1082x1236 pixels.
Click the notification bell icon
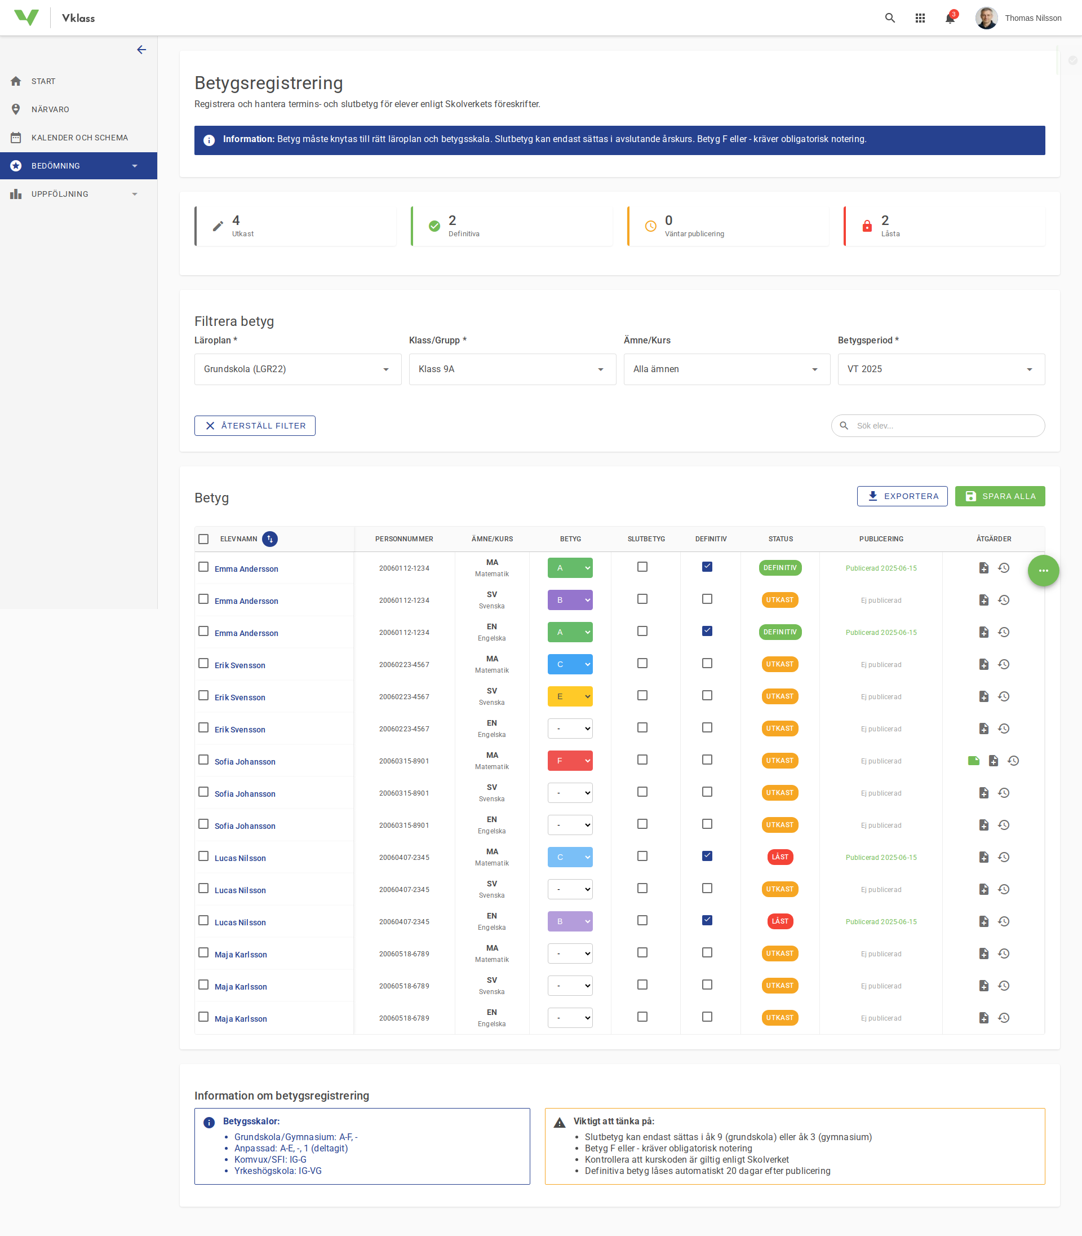(949, 18)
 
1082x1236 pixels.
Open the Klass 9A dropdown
(512, 369)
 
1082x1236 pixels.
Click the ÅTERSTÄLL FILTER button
(255, 426)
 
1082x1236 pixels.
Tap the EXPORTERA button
(902, 496)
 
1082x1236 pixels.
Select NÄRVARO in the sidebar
(50, 109)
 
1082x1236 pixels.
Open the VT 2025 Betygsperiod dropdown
(941, 369)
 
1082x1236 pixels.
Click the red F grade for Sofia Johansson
(569, 761)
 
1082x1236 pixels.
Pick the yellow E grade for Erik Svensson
(569, 696)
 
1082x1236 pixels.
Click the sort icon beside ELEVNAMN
(270, 539)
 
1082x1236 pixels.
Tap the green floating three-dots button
(1043, 570)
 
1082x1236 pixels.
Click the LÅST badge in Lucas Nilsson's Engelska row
(779, 921)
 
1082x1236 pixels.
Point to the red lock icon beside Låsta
(867, 226)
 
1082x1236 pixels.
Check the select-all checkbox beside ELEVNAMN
(203, 539)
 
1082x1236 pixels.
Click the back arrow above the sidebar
(141, 50)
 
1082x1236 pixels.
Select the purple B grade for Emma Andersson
(569, 600)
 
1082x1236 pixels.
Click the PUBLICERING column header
(881, 539)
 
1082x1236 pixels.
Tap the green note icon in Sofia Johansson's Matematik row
(973, 761)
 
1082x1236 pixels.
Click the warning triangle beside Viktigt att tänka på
(560, 1123)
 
